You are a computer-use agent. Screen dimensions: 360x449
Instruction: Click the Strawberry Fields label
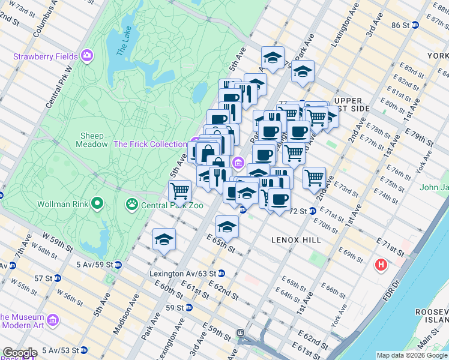click(46, 57)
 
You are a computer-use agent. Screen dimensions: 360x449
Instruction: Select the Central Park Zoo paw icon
click(131, 205)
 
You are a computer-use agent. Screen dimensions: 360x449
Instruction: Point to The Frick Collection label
click(150, 144)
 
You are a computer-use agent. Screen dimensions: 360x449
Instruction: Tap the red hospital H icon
click(380, 264)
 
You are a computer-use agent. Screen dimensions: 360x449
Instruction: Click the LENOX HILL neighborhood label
click(296, 239)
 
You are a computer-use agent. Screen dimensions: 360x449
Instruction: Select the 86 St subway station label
click(400, 25)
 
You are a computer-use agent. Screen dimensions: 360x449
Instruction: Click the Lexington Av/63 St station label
click(182, 274)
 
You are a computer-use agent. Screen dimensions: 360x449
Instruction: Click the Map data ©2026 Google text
click(411, 355)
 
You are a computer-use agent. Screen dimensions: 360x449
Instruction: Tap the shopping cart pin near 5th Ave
click(180, 191)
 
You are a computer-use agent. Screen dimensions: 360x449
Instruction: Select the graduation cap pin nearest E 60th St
click(164, 239)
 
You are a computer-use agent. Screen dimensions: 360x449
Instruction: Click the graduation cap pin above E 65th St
click(227, 226)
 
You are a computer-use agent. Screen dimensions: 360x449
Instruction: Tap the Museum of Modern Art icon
click(52, 320)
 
